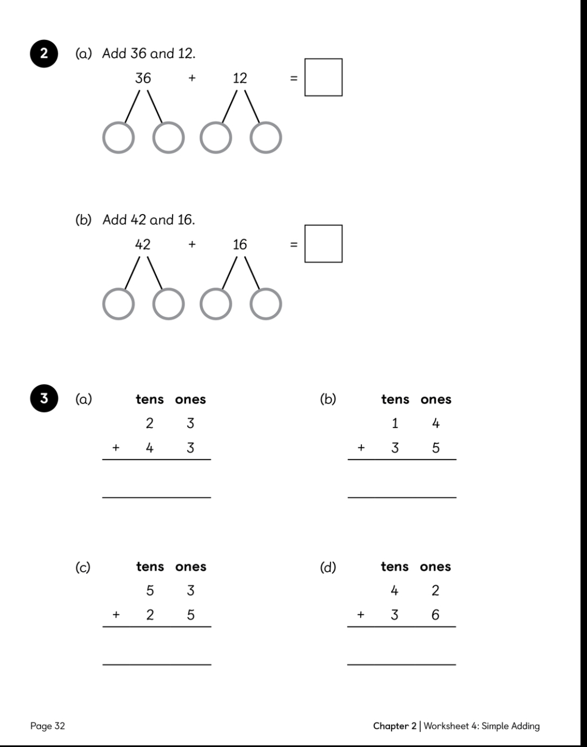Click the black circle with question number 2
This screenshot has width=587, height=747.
pos(44,54)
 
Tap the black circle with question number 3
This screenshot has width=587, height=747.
pos(44,398)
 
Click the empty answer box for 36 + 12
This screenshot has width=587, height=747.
pos(324,77)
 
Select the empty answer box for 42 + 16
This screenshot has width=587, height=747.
pos(324,244)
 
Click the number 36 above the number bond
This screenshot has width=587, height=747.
pos(143,78)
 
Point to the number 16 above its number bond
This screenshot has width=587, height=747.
pos(240,245)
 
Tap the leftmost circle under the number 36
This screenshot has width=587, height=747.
pos(118,138)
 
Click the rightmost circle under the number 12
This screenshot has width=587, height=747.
pos(266,138)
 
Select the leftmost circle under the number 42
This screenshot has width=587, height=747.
pos(118,304)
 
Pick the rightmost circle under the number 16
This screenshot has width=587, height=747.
pos(266,304)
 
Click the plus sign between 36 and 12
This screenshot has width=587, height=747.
pos(192,78)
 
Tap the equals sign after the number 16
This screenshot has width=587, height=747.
pos(294,245)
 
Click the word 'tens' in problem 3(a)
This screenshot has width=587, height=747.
pos(150,399)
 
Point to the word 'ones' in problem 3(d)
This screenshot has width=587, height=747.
pos(435,566)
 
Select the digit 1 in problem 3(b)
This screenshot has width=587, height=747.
pos(395,423)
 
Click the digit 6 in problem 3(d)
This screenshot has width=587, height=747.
pos(436,615)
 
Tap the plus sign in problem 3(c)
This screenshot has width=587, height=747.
pos(116,615)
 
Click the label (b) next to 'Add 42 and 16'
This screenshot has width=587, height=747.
pos(83,220)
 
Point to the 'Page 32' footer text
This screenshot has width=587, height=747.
pos(48,726)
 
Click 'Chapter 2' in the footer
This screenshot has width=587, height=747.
pos(395,726)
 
